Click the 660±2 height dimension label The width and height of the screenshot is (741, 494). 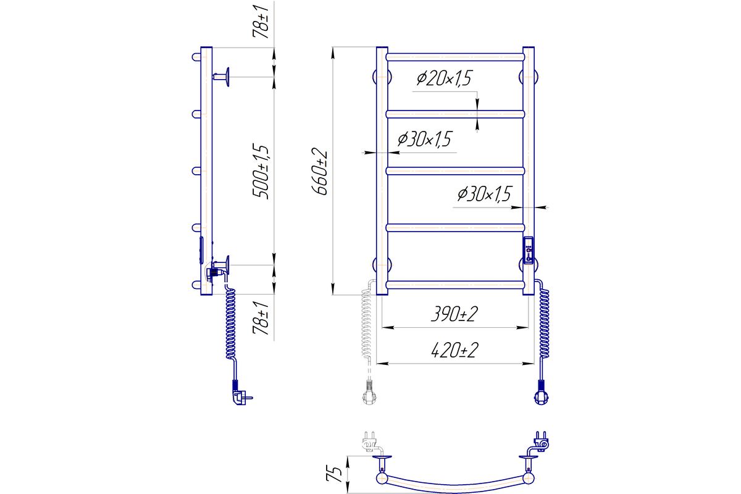tap(320, 173)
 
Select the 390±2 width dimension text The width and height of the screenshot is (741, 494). tap(454, 314)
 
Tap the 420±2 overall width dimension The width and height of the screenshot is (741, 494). tap(455, 350)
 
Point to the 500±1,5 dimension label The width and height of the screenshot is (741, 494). tap(261, 171)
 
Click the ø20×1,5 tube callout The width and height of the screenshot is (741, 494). tap(444, 79)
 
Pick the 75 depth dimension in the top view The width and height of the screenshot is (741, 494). tap(333, 474)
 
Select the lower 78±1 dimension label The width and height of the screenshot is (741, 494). tap(261, 318)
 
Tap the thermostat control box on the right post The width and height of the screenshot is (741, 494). tap(529, 251)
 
